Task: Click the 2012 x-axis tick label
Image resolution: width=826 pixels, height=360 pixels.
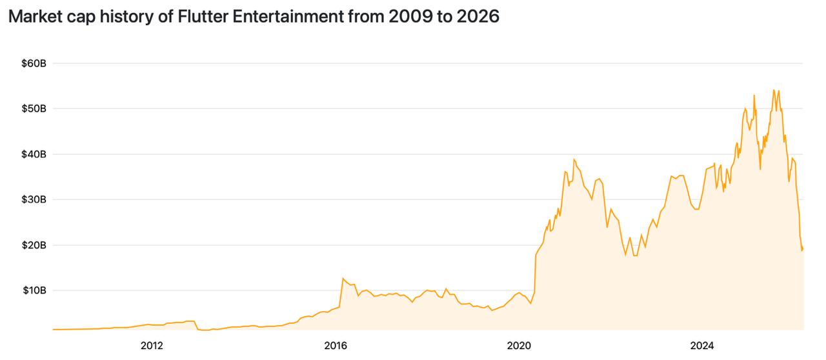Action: [151, 345]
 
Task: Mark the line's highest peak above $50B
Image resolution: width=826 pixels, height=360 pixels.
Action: [774, 90]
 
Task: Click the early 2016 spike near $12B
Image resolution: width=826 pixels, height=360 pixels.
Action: [343, 278]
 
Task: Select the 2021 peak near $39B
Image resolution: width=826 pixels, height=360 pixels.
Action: [574, 159]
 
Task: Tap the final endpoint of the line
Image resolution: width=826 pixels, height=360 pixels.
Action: [803, 249]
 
